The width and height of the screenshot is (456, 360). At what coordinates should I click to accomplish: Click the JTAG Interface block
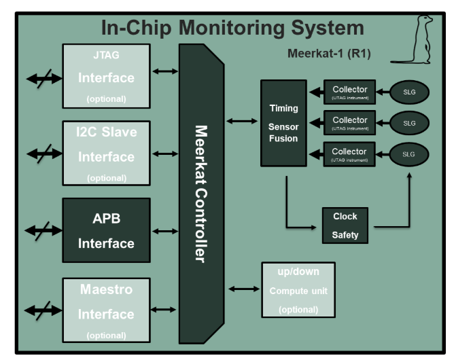click(x=106, y=76)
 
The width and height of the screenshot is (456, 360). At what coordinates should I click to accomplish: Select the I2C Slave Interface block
click(x=106, y=154)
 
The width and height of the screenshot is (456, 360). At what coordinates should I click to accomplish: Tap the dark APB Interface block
click(x=106, y=230)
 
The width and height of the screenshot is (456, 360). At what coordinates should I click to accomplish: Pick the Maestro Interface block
click(x=106, y=309)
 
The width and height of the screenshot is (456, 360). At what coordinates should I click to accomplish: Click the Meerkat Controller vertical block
click(x=200, y=194)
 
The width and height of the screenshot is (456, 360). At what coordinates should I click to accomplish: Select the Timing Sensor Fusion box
click(x=283, y=123)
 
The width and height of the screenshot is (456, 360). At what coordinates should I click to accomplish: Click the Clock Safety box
click(x=345, y=226)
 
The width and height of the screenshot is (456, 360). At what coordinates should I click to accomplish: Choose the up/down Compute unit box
click(x=298, y=290)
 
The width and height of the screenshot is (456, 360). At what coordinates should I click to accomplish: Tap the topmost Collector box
click(x=349, y=92)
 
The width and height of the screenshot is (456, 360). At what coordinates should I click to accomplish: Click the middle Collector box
click(x=349, y=123)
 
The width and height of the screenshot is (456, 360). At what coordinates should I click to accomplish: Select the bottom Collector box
click(x=349, y=154)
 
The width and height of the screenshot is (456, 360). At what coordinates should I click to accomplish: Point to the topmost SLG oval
click(x=408, y=92)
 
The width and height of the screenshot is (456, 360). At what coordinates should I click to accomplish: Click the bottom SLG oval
click(x=408, y=154)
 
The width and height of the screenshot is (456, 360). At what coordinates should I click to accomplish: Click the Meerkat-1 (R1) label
click(x=329, y=53)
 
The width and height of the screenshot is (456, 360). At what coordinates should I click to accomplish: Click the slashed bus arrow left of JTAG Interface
click(x=43, y=78)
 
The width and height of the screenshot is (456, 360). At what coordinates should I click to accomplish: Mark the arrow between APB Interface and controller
click(x=165, y=231)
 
